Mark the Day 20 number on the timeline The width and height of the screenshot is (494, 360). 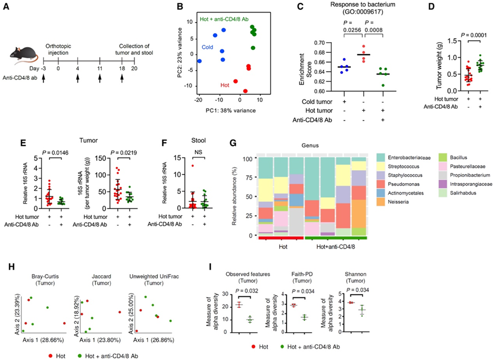134,68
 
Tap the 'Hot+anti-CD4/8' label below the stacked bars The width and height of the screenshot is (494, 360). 335,248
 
